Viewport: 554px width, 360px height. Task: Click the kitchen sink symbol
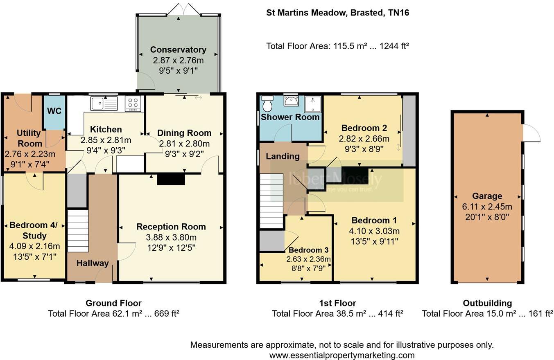point(104,103)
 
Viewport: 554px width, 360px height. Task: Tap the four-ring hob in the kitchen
point(133,103)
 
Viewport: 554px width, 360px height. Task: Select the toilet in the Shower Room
point(267,104)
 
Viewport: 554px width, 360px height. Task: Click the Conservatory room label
point(178,50)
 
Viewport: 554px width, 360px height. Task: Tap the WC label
point(54,111)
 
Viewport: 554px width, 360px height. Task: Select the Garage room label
point(487,196)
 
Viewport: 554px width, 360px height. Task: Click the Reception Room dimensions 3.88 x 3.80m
point(171,237)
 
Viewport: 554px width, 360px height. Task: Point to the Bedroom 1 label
point(371,220)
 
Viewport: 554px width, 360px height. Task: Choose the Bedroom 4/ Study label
point(34,230)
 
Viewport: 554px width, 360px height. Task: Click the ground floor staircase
point(78,231)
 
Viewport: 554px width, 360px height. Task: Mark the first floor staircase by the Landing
point(271,200)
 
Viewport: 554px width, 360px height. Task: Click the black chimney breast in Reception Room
point(171,179)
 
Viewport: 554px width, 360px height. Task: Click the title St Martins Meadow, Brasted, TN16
point(337,13)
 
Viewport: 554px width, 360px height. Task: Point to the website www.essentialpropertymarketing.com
point(341,355)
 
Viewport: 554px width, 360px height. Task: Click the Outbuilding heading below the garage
point(487,303)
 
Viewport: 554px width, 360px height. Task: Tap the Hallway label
point(93,263)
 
